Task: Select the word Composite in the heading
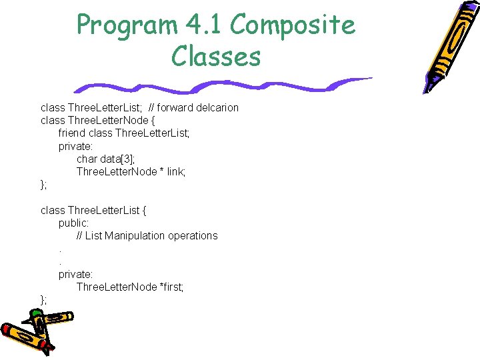pyautogui.click(x=293, y=25)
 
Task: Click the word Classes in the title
pyautogui.click(x=215, y=57)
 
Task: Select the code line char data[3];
pyautogui.click(x=105, y=159)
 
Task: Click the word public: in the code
pyautogui.click(x=73, y=223)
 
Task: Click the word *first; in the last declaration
pyautogui.click(x=171, y=287)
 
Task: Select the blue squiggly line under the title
pyautogui.click(x=220, y=85)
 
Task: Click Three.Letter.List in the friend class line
pyautogui.click(x=152, y=133)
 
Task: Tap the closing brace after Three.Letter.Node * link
pyautogui.click(x=43, y=185)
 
